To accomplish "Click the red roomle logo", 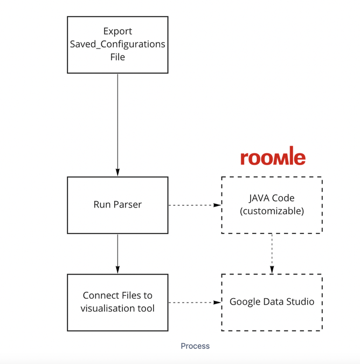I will point(273,157).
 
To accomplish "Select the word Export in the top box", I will point(117,31).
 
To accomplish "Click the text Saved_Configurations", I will point(117,44).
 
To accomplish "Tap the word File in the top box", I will point(117,57).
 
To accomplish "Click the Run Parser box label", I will point(117,205).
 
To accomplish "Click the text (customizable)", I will point(272,211).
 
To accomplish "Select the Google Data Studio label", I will point(272,302).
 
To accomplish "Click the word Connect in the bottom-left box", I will point(99,296).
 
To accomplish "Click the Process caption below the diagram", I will point(195,346).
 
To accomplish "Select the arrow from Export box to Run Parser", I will point(117,124).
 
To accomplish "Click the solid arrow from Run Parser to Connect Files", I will point(117,253).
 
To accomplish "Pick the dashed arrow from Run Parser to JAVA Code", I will point(194,205).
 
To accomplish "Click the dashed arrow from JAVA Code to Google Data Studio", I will point(272,253).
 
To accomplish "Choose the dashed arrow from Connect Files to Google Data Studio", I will point(194,302).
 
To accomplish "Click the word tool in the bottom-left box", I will point(147,308).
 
